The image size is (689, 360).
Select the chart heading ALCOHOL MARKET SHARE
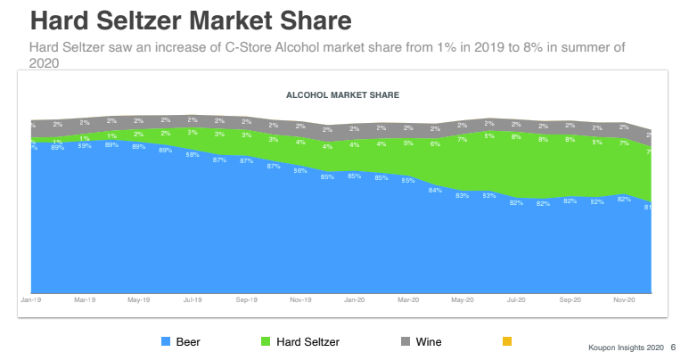click(x=342, y=94)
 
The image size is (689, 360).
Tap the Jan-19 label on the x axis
click(x=31, y=300)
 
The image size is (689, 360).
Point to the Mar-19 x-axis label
click(x=86, y=300)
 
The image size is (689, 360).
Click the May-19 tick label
click(x=139, y=300)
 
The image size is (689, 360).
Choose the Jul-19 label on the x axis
click(x=193, y=300)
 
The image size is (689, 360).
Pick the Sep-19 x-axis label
click(x=248, y=300)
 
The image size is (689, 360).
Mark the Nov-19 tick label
click(x=300, y=300)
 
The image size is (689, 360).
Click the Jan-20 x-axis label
click(x=355, y=300)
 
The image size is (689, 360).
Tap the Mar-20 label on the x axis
click(x=408, y=300)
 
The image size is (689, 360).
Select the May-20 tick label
click(x=463, y=300)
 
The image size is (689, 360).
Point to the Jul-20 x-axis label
click(x=516, y=300)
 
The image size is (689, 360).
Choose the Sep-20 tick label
click(x=570, y=300)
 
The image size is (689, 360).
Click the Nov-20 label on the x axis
click(x=624, y=300)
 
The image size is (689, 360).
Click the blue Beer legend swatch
click(x=166, y=341)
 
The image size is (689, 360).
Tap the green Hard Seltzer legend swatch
click(x=266, y=341)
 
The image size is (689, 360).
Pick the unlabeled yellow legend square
click(x=507, y=341)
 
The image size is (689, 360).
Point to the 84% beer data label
click(x=436, y=190)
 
